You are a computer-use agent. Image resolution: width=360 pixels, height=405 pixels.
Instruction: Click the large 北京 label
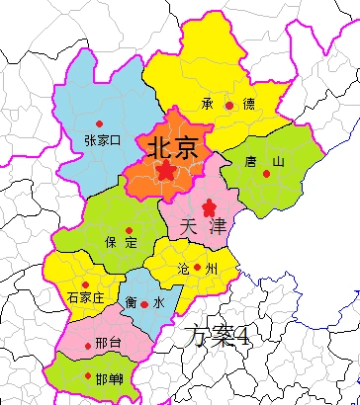172,147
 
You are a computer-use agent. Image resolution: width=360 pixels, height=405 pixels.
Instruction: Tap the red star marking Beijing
166,171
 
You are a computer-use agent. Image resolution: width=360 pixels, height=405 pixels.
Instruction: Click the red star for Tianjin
209,207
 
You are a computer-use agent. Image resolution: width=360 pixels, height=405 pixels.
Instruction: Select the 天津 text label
205,226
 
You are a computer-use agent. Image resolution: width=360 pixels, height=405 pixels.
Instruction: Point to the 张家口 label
102,139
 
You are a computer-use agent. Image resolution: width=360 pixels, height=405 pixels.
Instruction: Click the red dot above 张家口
99,123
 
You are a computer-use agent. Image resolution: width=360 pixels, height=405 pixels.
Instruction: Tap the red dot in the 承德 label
229,104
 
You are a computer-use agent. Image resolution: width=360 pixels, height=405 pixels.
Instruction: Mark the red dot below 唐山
266,175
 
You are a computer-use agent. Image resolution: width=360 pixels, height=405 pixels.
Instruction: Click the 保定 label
122,243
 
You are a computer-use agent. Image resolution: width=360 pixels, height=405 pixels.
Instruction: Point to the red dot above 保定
129,230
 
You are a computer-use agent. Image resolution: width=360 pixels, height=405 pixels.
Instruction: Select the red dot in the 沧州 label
197,267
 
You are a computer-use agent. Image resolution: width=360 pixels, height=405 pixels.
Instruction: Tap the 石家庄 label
85,297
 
